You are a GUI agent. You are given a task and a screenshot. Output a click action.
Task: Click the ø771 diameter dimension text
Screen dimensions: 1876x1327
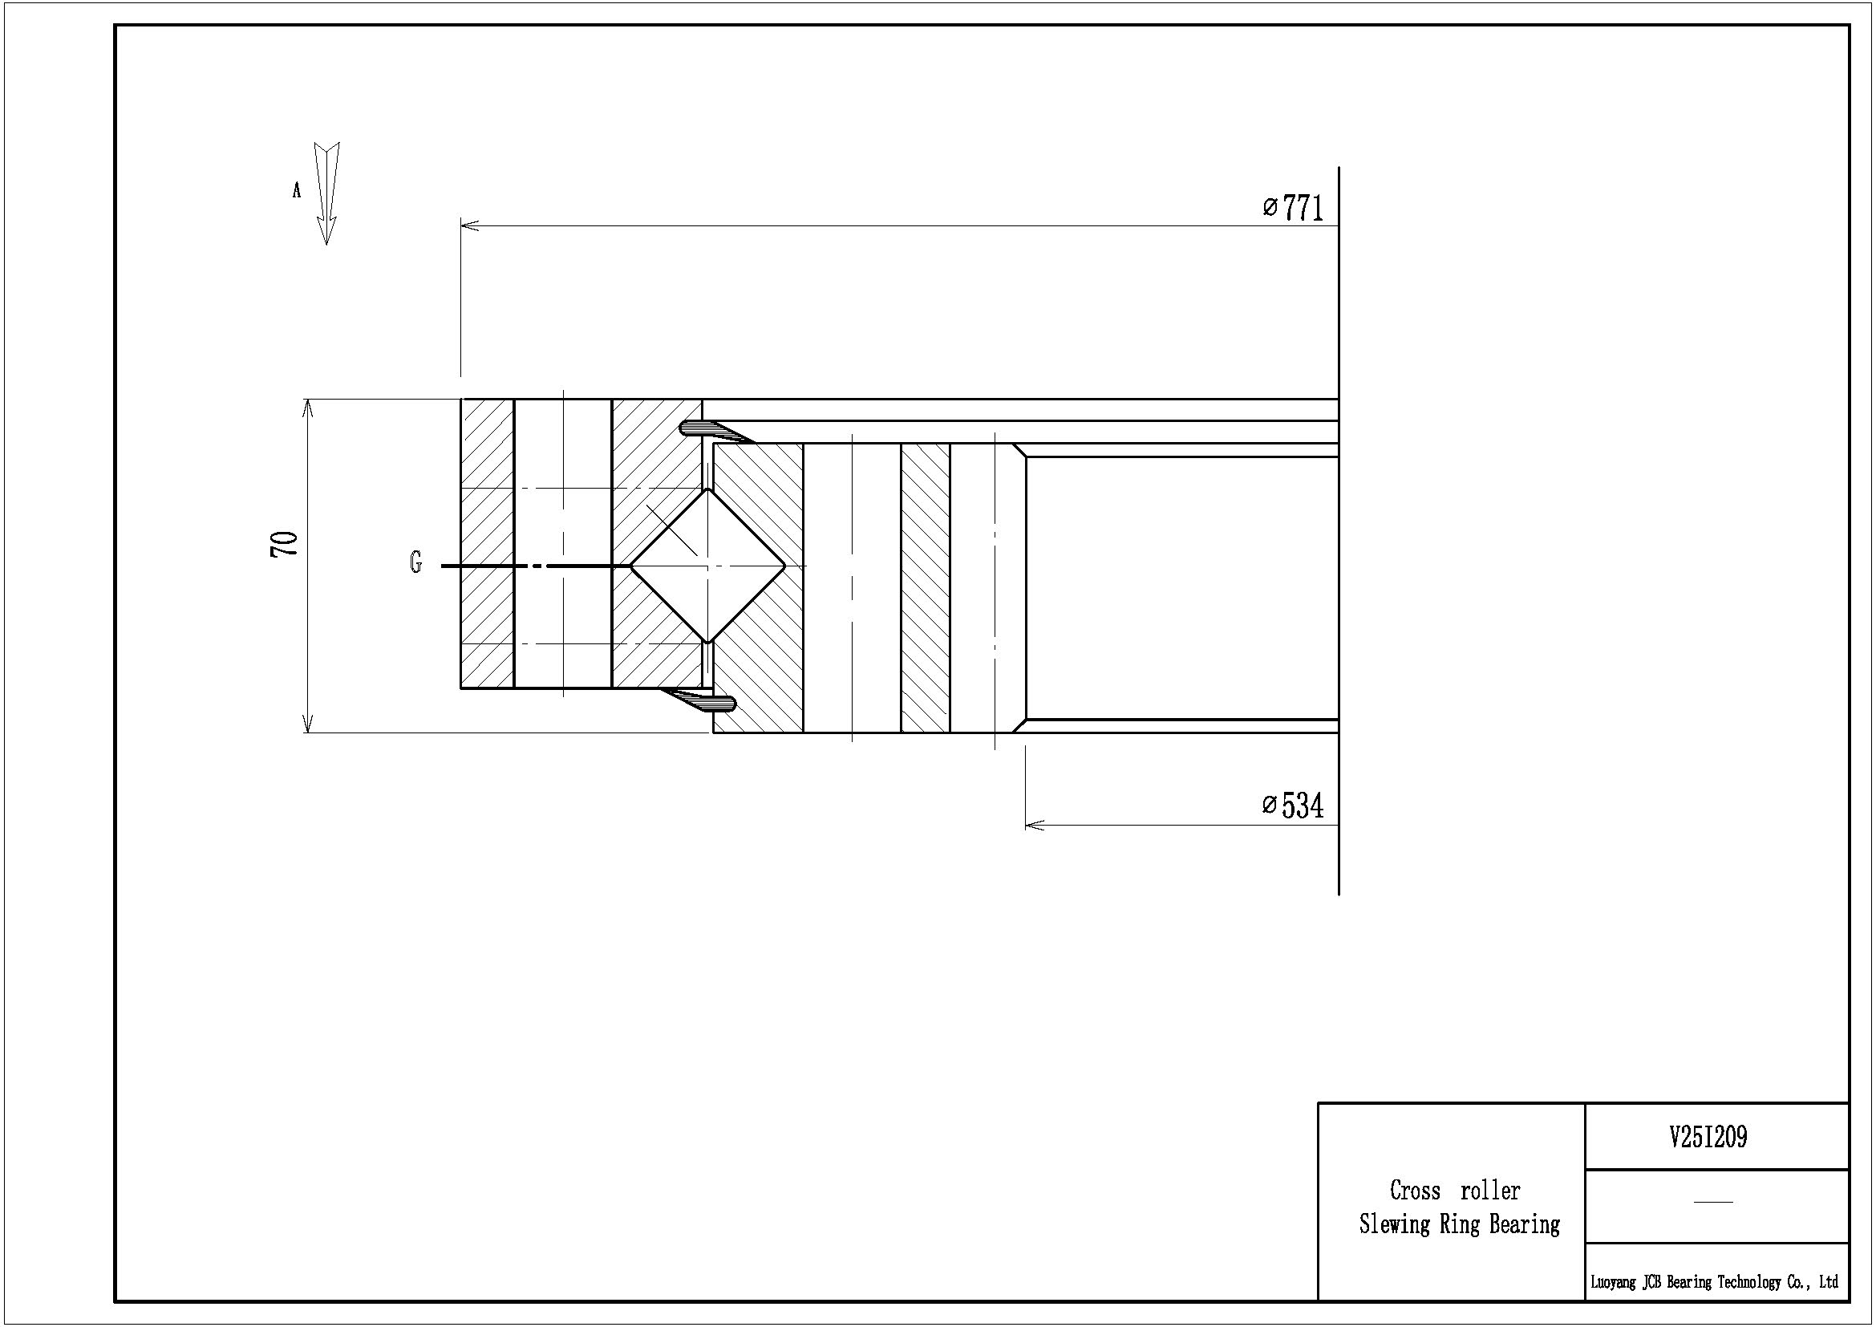[x=1293, y=208]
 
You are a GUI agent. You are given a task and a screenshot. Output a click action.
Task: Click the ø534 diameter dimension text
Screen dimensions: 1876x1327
[x=1293, y=806]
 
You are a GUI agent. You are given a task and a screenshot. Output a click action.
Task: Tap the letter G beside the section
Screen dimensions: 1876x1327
[x=416, y=563]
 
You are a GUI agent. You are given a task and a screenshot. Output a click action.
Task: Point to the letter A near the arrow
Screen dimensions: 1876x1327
[x=297, y=190]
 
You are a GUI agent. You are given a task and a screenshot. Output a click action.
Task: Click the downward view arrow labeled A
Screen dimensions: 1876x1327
[x=326, y=193]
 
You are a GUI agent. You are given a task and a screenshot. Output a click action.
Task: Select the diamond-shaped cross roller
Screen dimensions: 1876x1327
[x=707, y=566]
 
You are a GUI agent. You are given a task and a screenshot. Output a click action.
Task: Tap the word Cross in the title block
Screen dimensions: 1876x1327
[x=1414, y=1191]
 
